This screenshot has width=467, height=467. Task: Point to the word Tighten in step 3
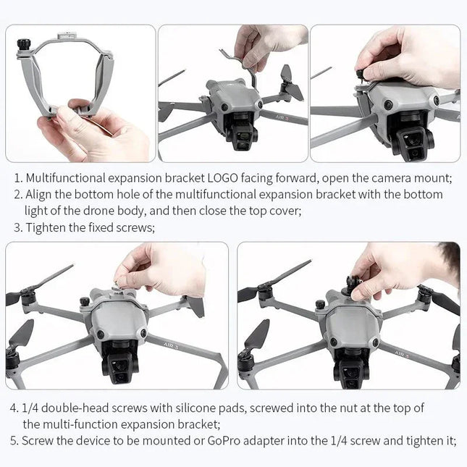[x=46, y=227]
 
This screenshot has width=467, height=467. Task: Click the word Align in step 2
[x=39, y=195]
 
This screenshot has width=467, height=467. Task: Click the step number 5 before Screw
[x=13, y=441]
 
